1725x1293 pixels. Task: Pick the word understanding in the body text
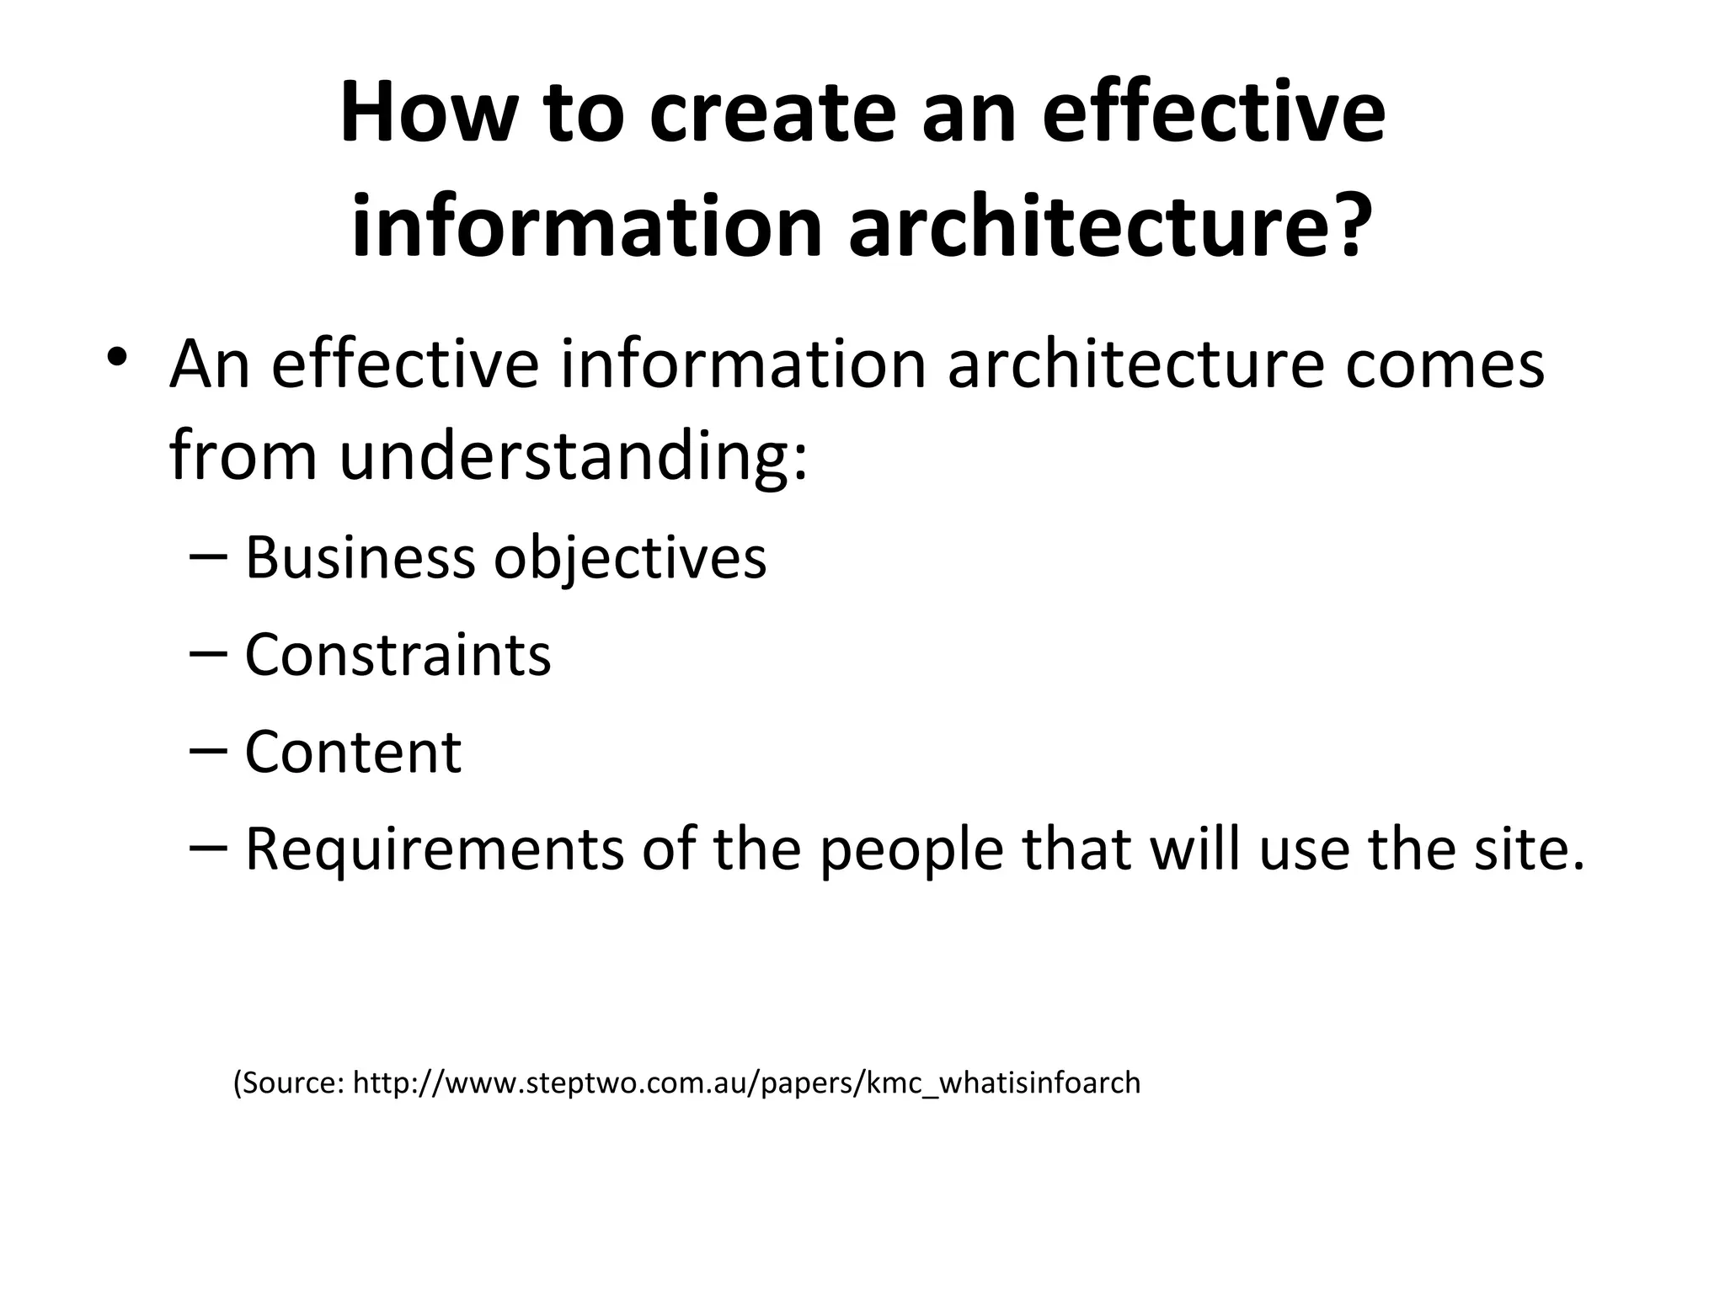tap(573, 456)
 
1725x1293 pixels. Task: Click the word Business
tap(360, 557)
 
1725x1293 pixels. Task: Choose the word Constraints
tap(398, 654)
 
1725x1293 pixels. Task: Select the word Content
tap(353, 751)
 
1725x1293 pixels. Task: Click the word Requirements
tap(434, 849)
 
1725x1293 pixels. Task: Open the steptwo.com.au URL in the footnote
tap(746, 1083)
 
